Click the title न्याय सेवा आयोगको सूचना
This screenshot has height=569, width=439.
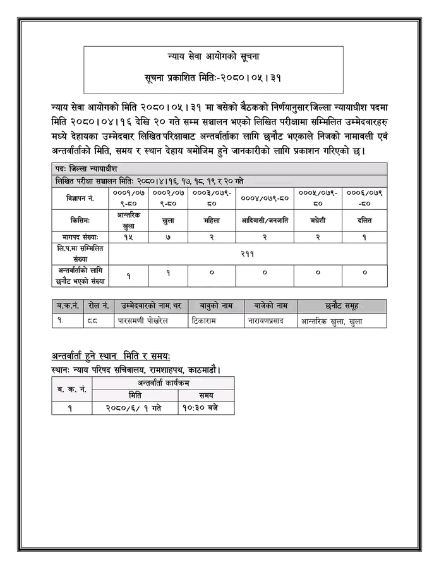pyautogui.click(x=214, y=57)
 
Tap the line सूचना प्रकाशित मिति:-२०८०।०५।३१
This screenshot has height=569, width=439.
pyautogui.click(x=214, y=78)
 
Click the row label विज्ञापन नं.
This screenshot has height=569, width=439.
pyautogui.click(x=80, y=198)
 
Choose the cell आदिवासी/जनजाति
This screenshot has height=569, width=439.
pyautogui.click(x=264, y=221)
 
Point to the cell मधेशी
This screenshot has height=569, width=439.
pyautogui.click(x=318, y=221)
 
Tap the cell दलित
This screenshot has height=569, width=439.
pyautogui.click(x=364, y=221)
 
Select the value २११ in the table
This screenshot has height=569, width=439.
pyautogui.click(x=247, y=252)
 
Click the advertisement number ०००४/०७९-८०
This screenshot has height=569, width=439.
pyautogui.click(x=264, y=198)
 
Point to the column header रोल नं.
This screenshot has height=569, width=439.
pyautogui.click(x=99, y=306)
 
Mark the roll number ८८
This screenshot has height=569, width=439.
pyautogui.click(x=93, y=321)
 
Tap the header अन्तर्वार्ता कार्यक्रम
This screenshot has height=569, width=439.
pyautogui.click(x=163, y=383)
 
